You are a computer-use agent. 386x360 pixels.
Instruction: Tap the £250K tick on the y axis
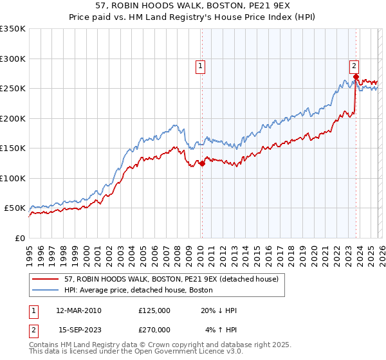(x=13, y=89)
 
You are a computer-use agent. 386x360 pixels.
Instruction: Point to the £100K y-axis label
(x=13, y=178)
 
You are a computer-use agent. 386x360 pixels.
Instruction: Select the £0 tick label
(x=19, y=238)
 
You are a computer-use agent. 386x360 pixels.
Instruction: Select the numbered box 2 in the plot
(x=354, y=65)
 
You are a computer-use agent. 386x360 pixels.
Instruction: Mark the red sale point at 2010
(x=201, y=163)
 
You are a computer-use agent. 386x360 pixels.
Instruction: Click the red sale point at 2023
(x=355, y=76)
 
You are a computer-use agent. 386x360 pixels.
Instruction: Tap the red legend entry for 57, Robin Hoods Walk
(x=171, y=279)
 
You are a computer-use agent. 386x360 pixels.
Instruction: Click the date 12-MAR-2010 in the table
(x=78, y=310)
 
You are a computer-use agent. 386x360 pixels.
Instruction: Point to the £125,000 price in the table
(x=154, y=310)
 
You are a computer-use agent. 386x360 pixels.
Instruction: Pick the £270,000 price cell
(x=154, y=329)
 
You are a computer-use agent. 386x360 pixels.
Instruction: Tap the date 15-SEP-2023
(x=78, y=329)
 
